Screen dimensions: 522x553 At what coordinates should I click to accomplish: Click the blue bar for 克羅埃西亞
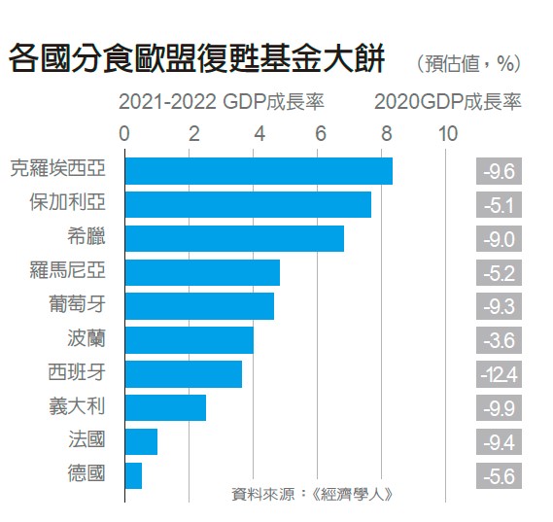click(259, 170)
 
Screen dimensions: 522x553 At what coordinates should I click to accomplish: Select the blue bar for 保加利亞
click(248, 204)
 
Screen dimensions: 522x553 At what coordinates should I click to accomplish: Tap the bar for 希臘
click(234, 238)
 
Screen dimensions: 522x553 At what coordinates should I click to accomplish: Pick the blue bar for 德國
click(133, 475)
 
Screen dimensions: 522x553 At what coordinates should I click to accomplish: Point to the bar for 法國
click(141, 441)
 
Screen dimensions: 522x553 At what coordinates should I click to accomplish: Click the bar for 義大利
click(165, 407)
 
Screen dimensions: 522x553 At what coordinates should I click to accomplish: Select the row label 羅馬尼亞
click(68, 271)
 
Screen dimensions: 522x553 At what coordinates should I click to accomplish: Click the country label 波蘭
click(85, 339)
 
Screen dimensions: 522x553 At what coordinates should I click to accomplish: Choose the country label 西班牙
click(76, 373)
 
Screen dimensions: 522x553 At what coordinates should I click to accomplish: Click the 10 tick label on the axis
click(447, 133)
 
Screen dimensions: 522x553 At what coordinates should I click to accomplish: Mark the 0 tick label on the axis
click(124, 133)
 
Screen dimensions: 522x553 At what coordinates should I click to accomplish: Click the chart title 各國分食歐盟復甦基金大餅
click(197, 60)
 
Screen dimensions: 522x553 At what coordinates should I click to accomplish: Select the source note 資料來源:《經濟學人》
click(312, 493)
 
